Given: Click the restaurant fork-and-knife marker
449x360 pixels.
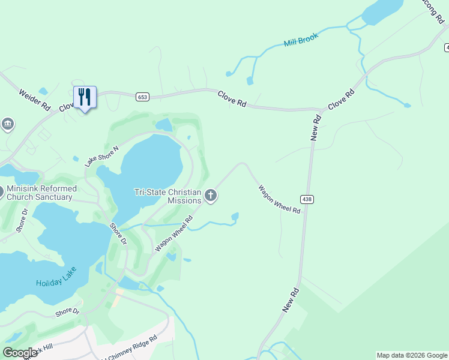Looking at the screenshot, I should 85,97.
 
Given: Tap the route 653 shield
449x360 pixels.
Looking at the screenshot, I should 142,97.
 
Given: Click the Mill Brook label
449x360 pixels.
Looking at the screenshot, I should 301,40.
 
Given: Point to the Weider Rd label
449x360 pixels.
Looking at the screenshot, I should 35,100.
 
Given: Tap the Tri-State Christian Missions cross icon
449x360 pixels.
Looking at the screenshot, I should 211,195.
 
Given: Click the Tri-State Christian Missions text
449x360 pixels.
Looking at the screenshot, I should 167,196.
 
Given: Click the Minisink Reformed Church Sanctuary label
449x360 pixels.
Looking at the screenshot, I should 40,193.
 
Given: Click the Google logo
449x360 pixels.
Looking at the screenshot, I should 20,353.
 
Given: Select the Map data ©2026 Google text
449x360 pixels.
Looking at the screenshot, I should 412,355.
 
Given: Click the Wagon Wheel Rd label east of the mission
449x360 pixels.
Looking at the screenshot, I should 279,200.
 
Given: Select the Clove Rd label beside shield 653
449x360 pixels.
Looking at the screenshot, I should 232,98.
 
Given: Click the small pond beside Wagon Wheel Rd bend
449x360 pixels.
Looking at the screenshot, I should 235,216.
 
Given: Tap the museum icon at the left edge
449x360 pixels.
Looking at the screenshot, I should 8,124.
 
